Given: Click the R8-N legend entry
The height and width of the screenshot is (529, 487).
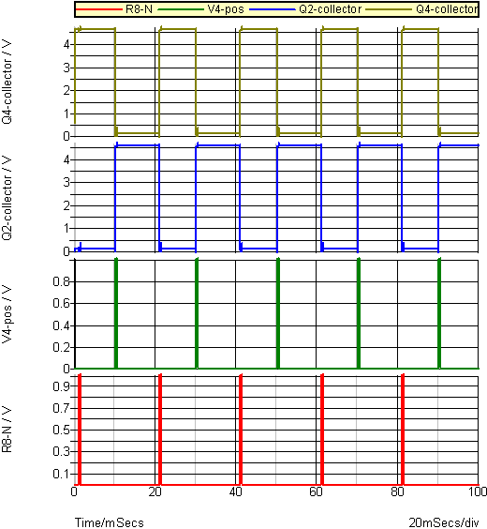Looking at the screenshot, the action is pyautogui.click(x=114, y=9).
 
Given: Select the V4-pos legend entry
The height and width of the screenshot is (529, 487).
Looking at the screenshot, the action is pyautogui.click(x=200, y=9).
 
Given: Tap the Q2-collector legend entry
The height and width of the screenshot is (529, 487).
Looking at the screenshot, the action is pyautogui.click(x=305, y=9).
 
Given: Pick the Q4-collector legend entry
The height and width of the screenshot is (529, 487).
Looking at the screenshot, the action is pyautogui.click(x=422, y=9).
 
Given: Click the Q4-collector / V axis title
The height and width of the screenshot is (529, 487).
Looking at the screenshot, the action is pyautogui.click(x=7, y=82).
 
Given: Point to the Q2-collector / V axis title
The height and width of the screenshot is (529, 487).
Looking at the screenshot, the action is pyautogui.click(x=7, y=198).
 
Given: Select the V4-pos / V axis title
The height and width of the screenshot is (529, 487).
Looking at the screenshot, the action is pyautogui.click(x=7, y=314).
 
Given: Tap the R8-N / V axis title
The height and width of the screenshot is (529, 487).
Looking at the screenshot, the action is pyautogui.click(x=7, y=430).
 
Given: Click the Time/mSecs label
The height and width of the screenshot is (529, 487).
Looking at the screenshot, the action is pyautogui.click(x=110, y=522).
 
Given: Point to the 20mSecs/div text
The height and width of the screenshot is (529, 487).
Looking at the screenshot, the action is pyautogui.click(x=444, y=522).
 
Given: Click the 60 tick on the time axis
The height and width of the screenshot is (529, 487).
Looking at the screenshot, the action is pyautogui.click(x=316, y=491).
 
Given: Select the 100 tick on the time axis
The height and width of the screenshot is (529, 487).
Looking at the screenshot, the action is pyautogui.click(x=478, y=491).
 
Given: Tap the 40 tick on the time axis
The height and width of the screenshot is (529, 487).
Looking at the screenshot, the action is pyautogui.click(x=235, y=491).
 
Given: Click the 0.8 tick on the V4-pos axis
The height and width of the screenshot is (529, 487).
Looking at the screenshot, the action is pyautogui.click(x=61, y=281).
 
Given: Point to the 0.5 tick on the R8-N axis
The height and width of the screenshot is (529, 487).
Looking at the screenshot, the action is pyautogui.click(x=61, y=430).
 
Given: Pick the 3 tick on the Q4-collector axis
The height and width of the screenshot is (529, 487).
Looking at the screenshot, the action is pyautogui.click(x=66, y=68).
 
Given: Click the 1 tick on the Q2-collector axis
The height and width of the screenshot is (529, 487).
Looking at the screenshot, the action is pyautogui.click(x=66, y=229).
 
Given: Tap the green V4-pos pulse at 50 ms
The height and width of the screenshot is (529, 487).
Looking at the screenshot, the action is pyautogui.click(x=278, y=313).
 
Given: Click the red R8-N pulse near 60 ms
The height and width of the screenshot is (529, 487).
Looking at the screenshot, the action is pyautogui.click(x=322, y=430).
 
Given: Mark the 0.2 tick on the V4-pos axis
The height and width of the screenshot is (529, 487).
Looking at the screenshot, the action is pyautogui.click(x=61, y=347).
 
